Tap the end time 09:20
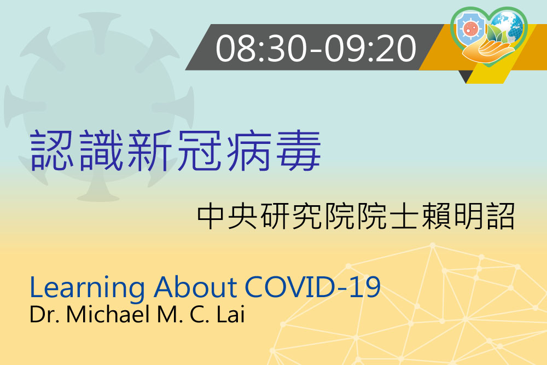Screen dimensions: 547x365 tap(370, 49)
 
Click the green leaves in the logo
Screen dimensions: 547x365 tap(497, 34)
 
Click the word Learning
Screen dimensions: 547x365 tap(87, 288)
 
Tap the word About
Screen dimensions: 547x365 tap(195, 287)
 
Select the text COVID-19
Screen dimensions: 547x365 tap(312, 287)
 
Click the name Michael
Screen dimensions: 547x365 tap(108, 314)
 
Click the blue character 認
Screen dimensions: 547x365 tap(51, 150)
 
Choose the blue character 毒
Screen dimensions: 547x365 tap(299, 150)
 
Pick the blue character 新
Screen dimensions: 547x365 tap(150, 150)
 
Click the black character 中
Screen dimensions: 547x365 tap(211, 216)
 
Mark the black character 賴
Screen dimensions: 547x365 tap(437, 216)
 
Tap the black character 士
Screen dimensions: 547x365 tap(404, 216)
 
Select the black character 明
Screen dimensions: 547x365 tap(469, 216)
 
